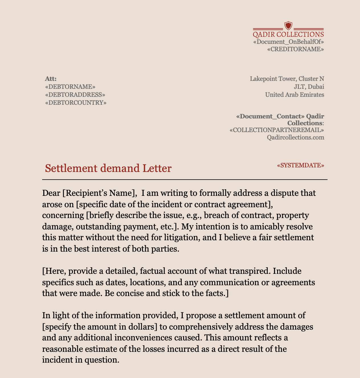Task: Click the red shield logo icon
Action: (x=289, y=26)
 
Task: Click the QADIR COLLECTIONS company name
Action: (x=288, y=34)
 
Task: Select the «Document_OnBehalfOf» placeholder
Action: (x=288, y=42)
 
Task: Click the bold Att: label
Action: (x=51, y=79)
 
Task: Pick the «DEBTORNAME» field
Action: (x=70, y=87)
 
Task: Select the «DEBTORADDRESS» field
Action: (x=75, y=94)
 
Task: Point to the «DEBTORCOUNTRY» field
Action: (x=75, y=102)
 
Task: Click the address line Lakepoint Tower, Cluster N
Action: (x=287, y=79)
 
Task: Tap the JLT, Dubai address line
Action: (x=309, y=87)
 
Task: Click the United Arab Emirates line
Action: (x=294, y=94)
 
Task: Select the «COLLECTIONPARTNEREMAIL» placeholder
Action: (x=277, y=130)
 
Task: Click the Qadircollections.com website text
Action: (x=295, y=137)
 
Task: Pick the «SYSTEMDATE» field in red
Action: (x=300, y=165)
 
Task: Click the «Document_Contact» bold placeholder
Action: (x=270, y=116)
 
